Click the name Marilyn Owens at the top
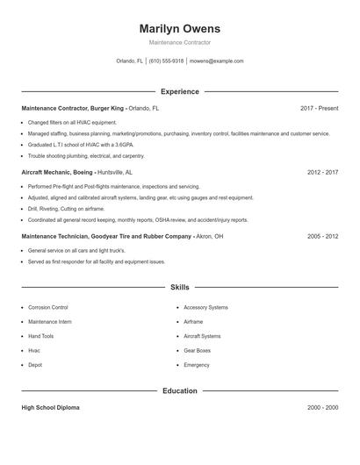[x=179, y=28]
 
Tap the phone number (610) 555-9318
[x=166, y=61]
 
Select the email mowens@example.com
[x=216, y=61]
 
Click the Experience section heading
[x=179, y=91]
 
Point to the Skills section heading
[x=179, y=287]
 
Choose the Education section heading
[x=179, y=390]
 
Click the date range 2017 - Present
[x=319, y=108]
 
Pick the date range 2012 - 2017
[x=322, y=173]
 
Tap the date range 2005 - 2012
[x=322, y=236]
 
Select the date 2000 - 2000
[x=322, y=408]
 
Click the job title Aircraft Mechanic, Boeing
[x=56, y=173]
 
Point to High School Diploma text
[x=50, y=408]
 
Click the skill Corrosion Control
[x=47, y=308]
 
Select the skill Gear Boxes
[x=198, y=350]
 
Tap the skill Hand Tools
[x=40, y=336]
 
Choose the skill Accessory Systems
[x=205, y=308]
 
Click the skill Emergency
[x=197, y=365]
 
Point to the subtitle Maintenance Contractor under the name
[x=179, y=42]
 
